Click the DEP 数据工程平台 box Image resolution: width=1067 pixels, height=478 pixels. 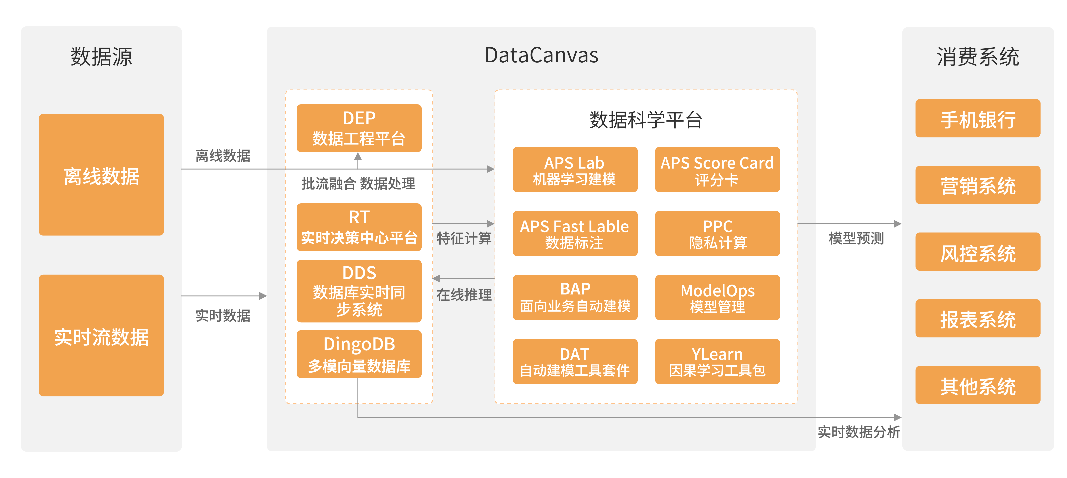pyautogui.click(x=359, y=128)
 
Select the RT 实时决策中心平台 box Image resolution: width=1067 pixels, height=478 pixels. pyautogui.click(x=359, y=227)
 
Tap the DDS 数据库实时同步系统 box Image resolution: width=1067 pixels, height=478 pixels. pyautogui.click(x=359, y=291)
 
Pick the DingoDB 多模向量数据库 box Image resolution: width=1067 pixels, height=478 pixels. pyautogui.click(x=359, y=354)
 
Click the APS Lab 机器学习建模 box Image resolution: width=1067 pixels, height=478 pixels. pyautogui.click(x=575, y=170)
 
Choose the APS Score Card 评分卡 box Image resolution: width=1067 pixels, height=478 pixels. pyautogui.click(x=717, y=170)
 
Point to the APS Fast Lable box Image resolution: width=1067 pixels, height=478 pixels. pyautogui.click(x=575, y=233)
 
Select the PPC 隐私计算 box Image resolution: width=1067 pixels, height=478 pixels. pyautogui.click(x=717, y=233)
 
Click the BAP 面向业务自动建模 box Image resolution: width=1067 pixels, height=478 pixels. pyautogui.click(x=575, y=297)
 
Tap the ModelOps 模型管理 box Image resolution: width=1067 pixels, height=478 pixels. pyautogui.click(x=717, y=297)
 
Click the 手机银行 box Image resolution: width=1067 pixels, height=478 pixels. pyautogui.click(x=978, y=118)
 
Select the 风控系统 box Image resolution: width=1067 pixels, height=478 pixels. pyautogui.click(x=978, y=252)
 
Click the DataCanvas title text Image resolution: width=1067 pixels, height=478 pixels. pyautogui.click(x=541, y=55)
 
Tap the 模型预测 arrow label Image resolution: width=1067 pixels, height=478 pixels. pyautogui.click(x=856, y=238)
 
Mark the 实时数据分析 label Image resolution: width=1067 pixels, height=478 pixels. pyautogui.click(x=859, y=432)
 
